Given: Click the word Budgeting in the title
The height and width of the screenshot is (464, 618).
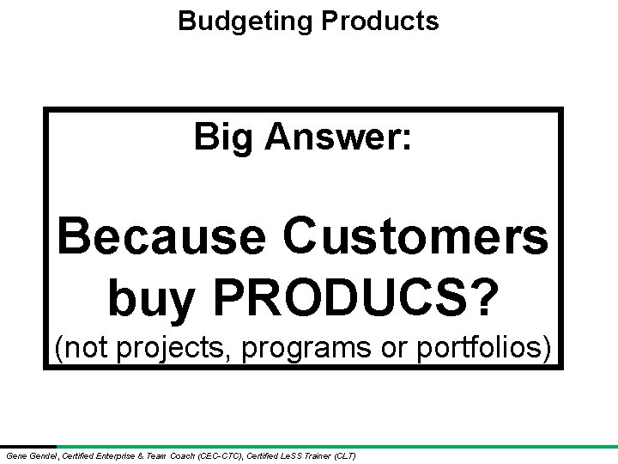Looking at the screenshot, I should (x=245, y=21).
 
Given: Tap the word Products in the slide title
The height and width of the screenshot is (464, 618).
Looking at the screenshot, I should (x=379, y=21).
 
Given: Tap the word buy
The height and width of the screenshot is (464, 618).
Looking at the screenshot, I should (x=153, y=297).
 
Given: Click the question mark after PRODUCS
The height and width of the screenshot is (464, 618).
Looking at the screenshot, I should (x=482, y=296).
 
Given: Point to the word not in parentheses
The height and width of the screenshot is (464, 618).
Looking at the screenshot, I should (x=83, y=348).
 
